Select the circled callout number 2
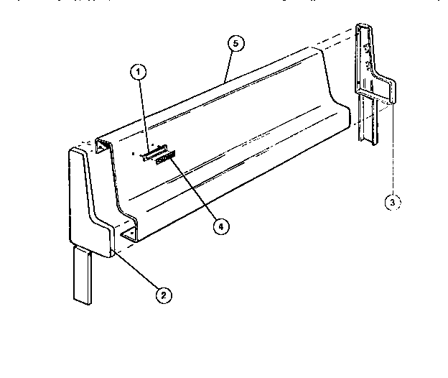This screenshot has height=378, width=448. coord(164,293)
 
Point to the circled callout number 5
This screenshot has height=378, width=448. coord(235,44)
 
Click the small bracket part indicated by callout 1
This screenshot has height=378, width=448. coord(153,154)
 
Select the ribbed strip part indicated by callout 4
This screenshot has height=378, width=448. coord(165,157)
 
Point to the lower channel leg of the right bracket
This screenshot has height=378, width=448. coord(373,122)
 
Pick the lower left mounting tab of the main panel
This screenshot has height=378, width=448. coord(129,234)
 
